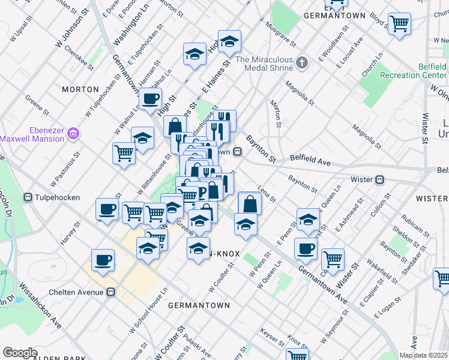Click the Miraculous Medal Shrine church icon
pos(303,62)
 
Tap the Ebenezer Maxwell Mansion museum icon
pos(73,131)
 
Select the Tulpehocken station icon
pos(28,197)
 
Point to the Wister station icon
pos(379,179)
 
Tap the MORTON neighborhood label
pos(80,89)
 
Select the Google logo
pos(20,352)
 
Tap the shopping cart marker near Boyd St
pos(399,23)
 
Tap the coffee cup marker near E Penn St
pos(306,248)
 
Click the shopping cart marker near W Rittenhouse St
pos(124,152)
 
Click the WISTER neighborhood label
pos(432,198)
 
